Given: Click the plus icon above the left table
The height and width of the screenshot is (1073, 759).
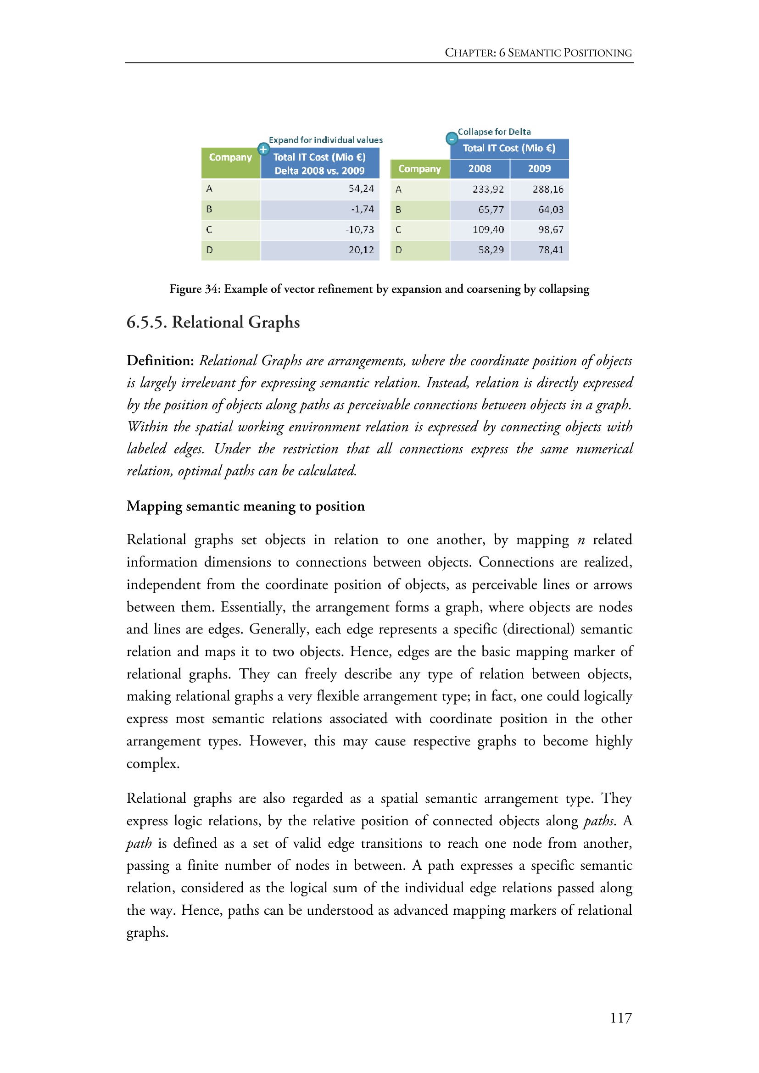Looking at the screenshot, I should [263, 149].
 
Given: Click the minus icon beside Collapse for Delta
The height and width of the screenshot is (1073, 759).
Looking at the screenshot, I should [452, 139].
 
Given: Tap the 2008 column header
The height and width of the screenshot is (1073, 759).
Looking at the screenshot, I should [480, 169].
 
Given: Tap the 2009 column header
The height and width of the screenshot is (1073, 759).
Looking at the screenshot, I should [539, 169].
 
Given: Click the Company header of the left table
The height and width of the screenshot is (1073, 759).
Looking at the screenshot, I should [230, 157].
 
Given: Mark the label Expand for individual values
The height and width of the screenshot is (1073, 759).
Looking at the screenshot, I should [325, 140].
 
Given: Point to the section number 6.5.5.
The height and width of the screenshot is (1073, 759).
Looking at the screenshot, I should [147, 322].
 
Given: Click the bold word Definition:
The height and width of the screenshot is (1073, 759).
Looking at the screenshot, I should [160, 361].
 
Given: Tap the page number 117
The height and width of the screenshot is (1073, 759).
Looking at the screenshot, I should [621, 1018].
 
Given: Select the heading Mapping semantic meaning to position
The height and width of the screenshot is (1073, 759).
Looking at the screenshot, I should [246, 506].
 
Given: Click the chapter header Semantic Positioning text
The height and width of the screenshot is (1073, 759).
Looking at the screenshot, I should [570, 53].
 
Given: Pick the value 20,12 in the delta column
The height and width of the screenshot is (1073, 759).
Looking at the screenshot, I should [361, 250].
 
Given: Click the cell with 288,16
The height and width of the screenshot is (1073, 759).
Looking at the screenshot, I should [548, 189].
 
